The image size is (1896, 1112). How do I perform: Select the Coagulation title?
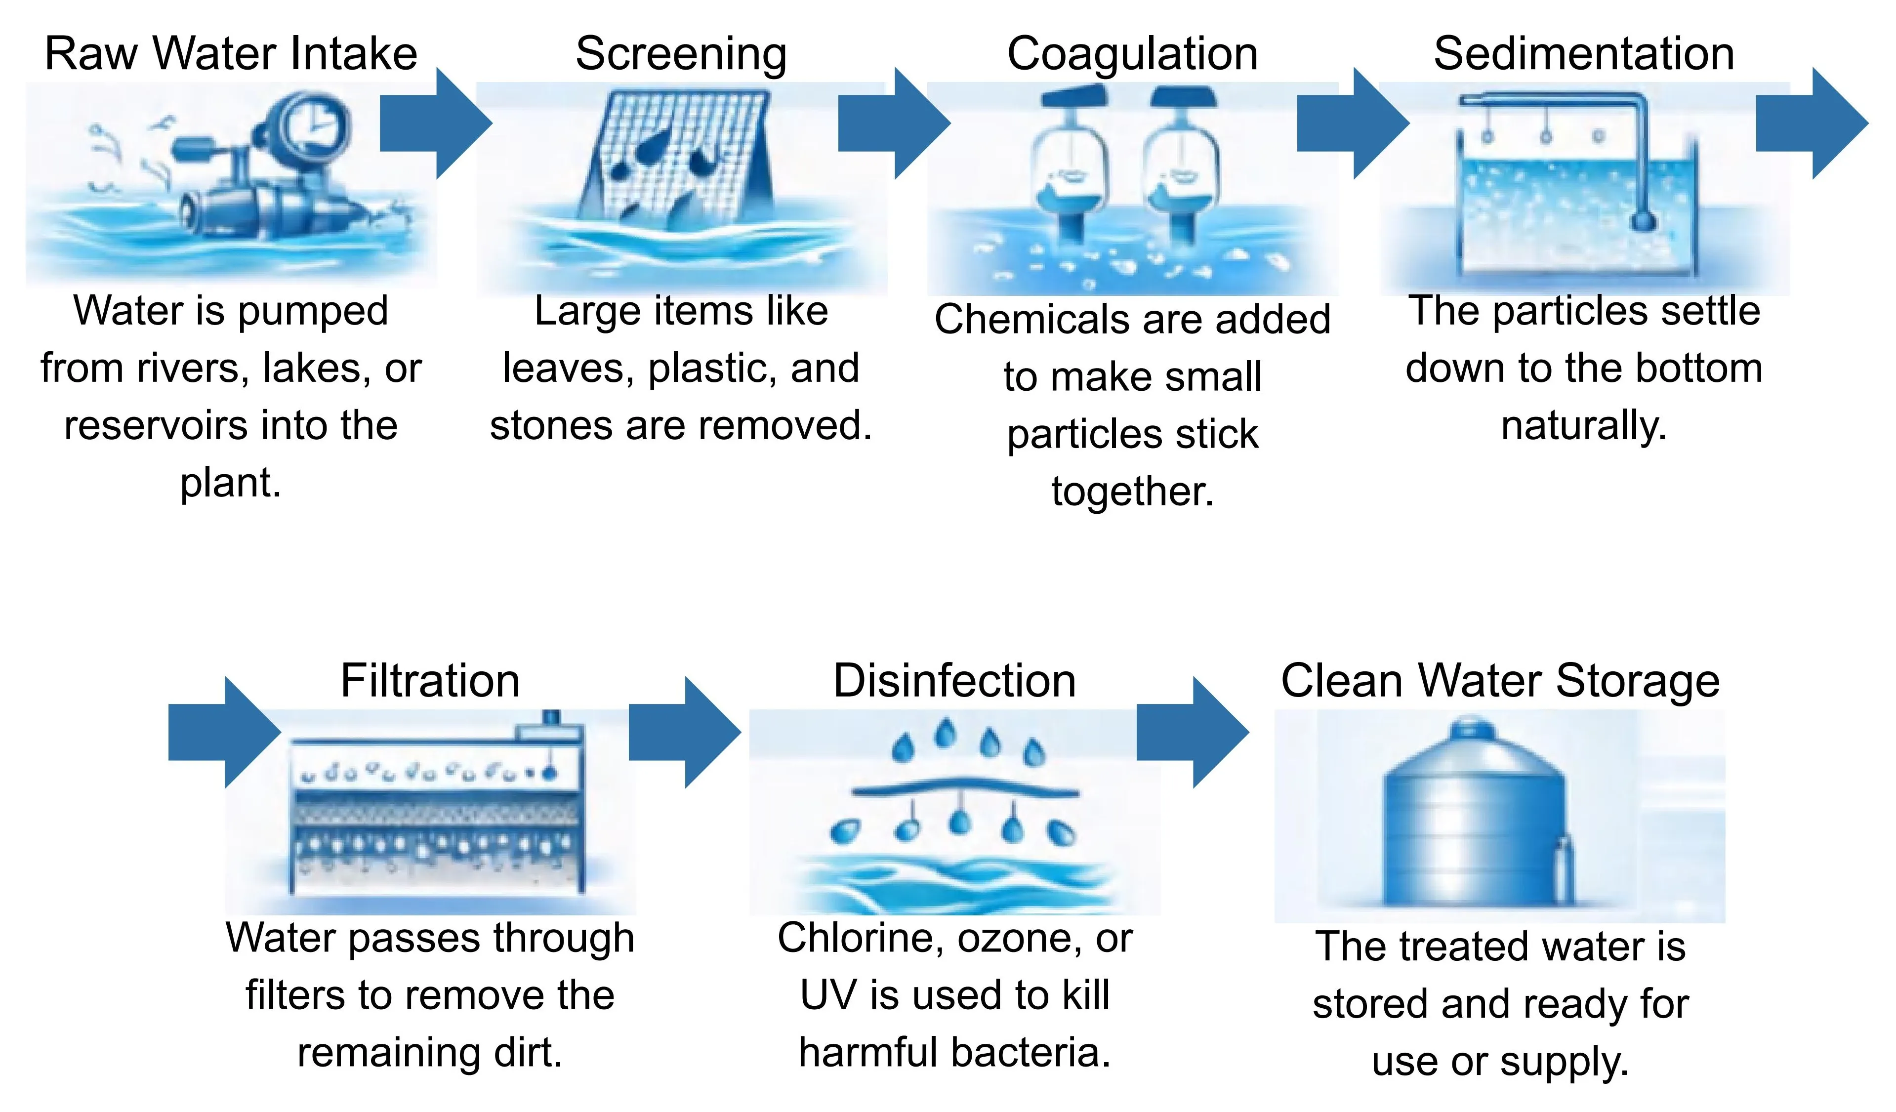coord(1132,55)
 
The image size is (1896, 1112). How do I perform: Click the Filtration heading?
coord(430,680)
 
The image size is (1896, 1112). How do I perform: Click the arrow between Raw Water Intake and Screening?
coord(436,124)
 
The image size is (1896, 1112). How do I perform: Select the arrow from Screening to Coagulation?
coord(895,124)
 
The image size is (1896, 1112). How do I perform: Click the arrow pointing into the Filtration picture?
coord(224,732)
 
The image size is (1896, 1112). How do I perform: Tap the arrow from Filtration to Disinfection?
coord(685,732)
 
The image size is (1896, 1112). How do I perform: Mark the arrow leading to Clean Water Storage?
coord(1193,732)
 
